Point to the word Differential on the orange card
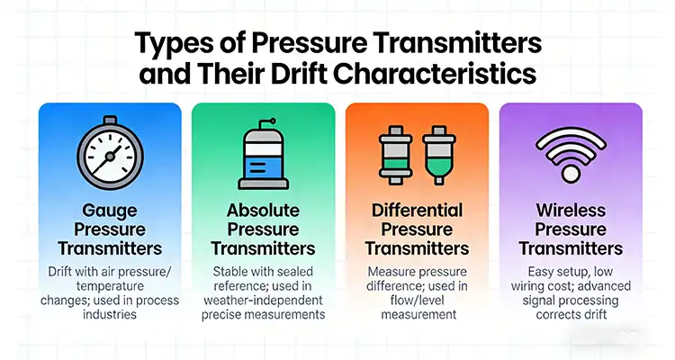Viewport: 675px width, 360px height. tap(417, 211)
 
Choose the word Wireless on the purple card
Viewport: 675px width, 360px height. tap(571, 211)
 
